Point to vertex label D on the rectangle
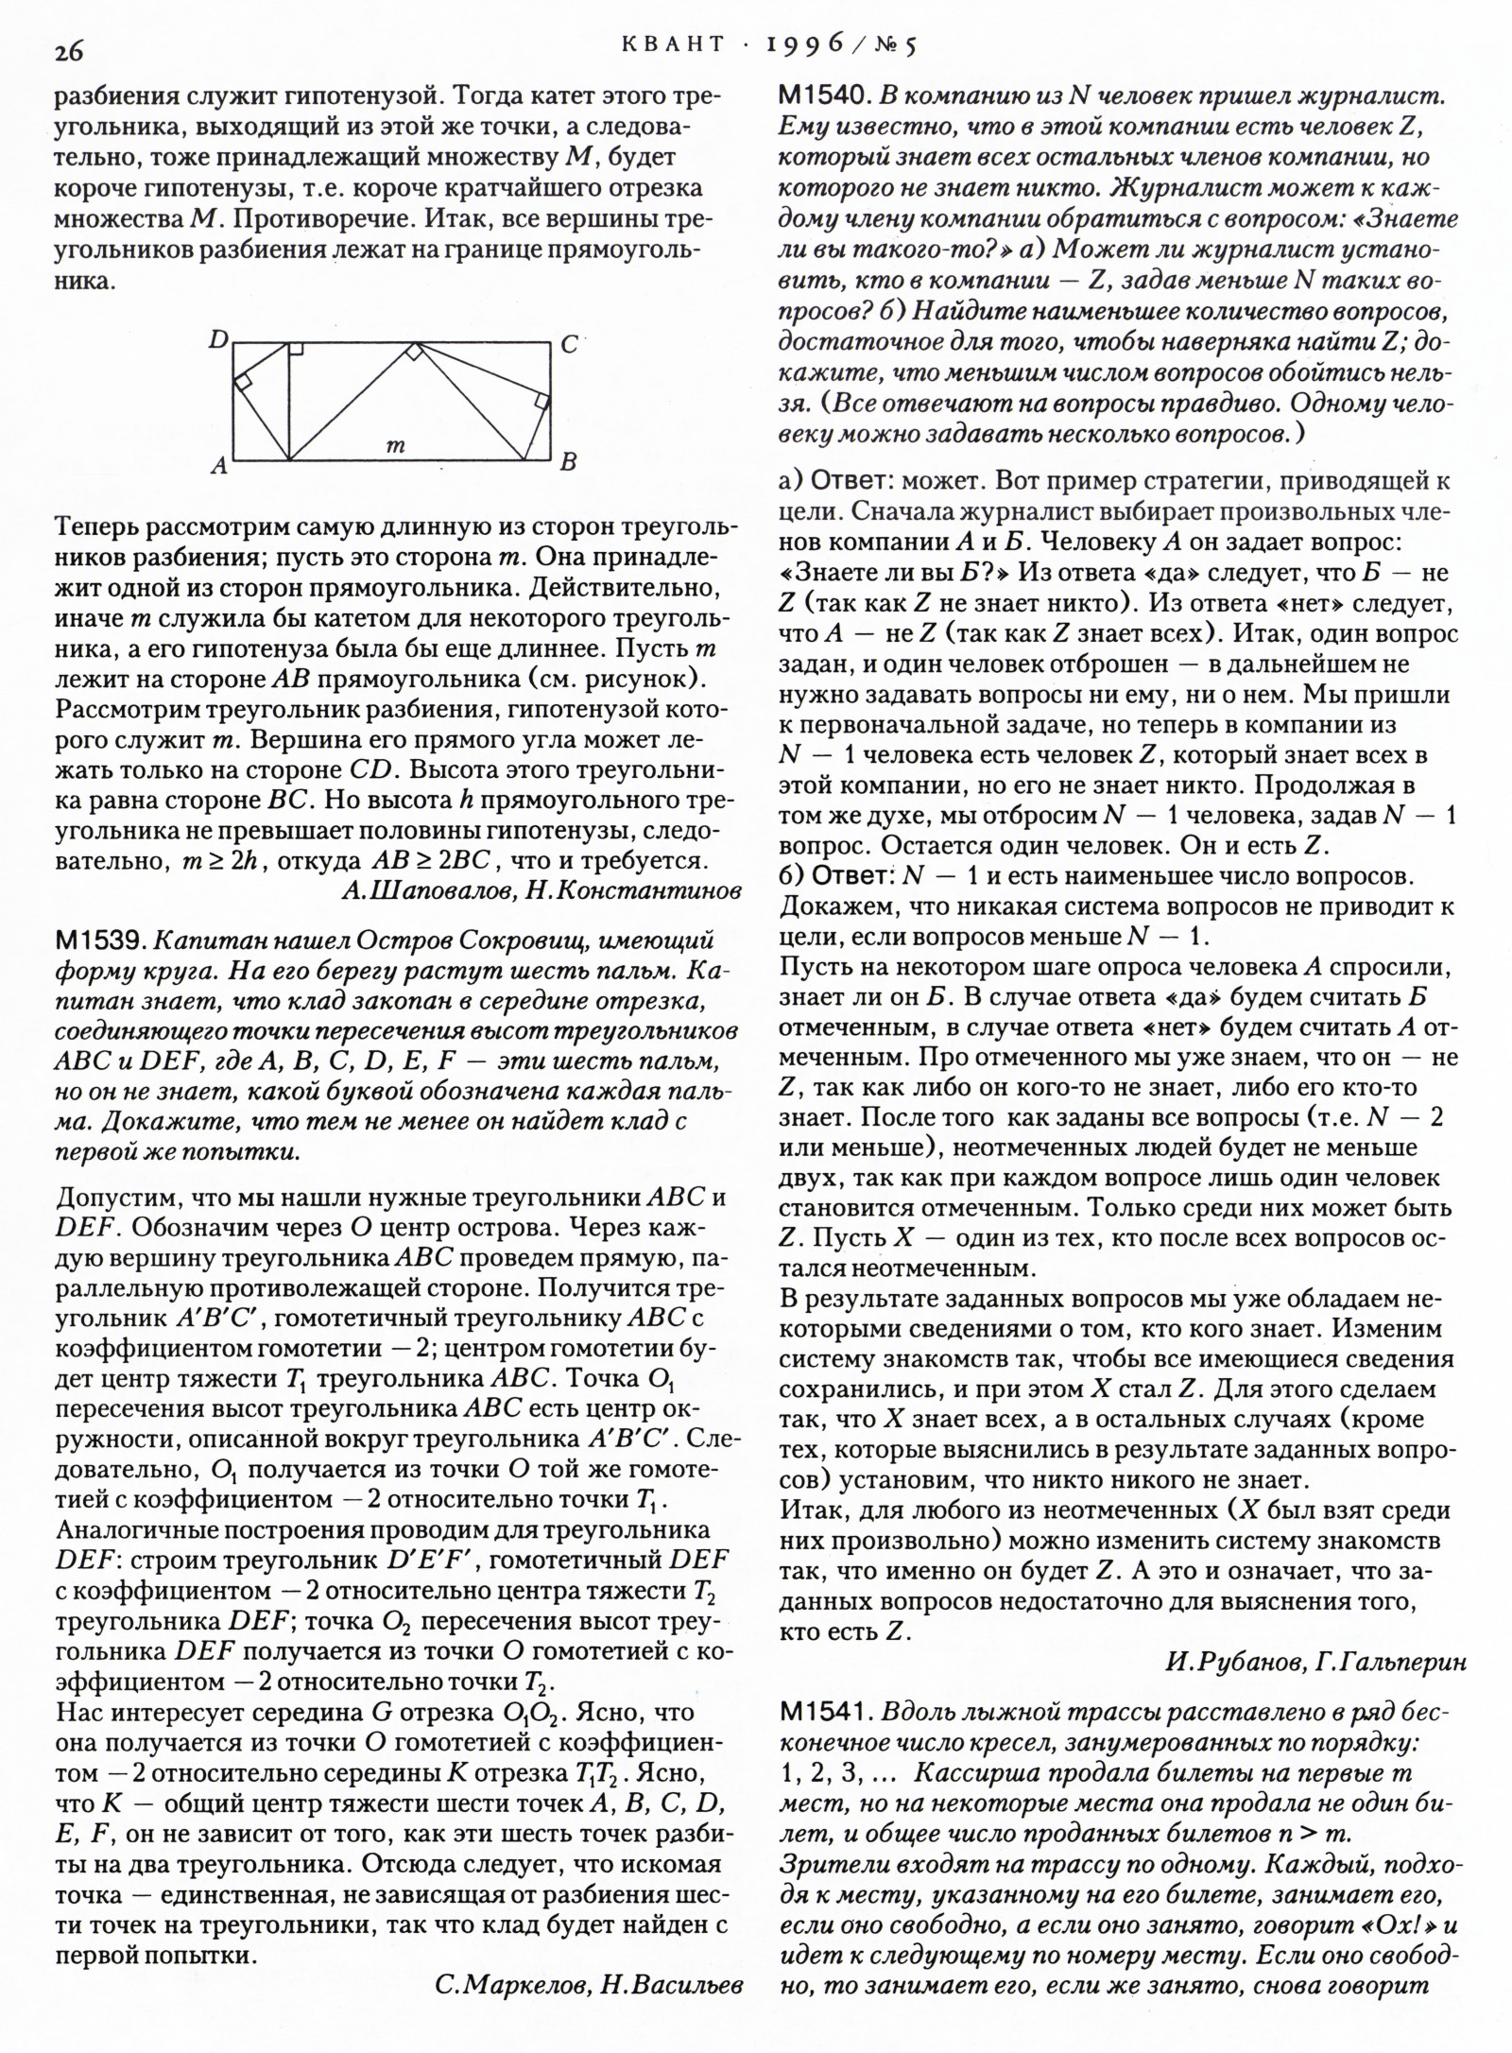[x=218, y=339]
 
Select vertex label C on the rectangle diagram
[x=569, y=345]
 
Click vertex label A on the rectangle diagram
[x=218, y=465]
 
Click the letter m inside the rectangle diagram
[x=397, y=445]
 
